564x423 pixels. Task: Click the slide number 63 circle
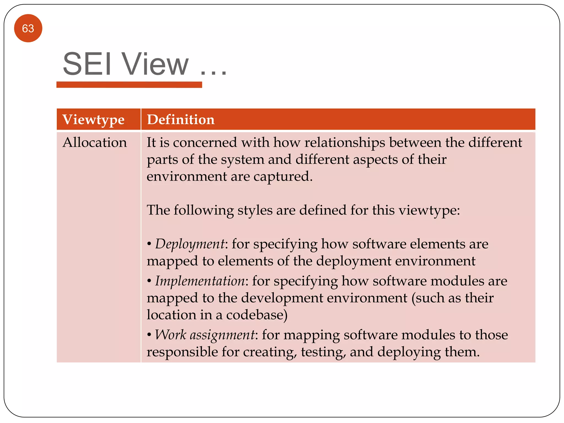pos(28,28)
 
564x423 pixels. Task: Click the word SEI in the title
pos(87,64)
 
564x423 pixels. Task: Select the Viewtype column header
pos(93,120)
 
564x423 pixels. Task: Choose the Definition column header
pos(181,120)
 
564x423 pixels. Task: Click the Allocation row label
pos(94,143)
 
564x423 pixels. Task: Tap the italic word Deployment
pos(190,244)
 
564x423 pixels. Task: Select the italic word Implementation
pos(200,281)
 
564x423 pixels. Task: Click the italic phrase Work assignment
pos(205,335)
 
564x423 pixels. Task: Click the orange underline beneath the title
pos(129,85)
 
